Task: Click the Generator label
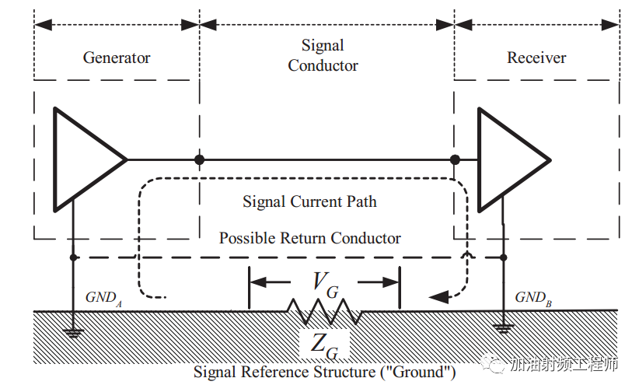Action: pos(117,58)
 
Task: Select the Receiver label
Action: pos(536,58)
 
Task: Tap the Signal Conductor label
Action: pos(323,55)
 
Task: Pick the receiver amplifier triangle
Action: pos(508,159)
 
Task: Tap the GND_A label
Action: pos(102,297)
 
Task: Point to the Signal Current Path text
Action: pos(309,201)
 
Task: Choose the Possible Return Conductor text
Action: pos(309,238)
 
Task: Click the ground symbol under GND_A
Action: pos(73,332)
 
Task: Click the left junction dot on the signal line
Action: pos(200,159)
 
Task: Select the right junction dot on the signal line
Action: pos(454,159)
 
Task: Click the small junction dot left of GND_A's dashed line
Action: pos(73,257)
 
